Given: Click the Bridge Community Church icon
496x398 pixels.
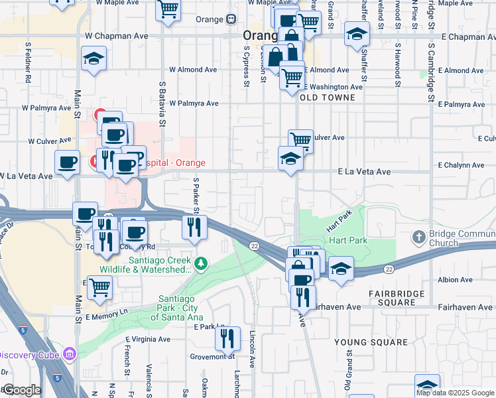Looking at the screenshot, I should tap(418, 237).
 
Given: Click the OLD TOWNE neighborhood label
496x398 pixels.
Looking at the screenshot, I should tap(328, 98).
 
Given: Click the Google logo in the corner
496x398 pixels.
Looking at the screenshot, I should tap(21, 390).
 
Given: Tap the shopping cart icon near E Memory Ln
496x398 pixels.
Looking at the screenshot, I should tap(99, 287).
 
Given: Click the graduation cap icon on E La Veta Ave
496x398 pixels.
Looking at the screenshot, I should tap(290, 159).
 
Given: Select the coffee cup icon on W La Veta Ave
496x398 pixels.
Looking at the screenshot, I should tap(66, 163).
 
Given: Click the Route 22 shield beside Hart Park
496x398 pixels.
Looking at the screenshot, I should tap(254, 246).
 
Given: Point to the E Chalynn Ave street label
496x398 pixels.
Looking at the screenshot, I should tap(462, 165).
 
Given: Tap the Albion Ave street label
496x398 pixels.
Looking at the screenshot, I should tap(454, 281).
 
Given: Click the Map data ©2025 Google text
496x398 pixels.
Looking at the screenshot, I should tap(454, 393).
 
